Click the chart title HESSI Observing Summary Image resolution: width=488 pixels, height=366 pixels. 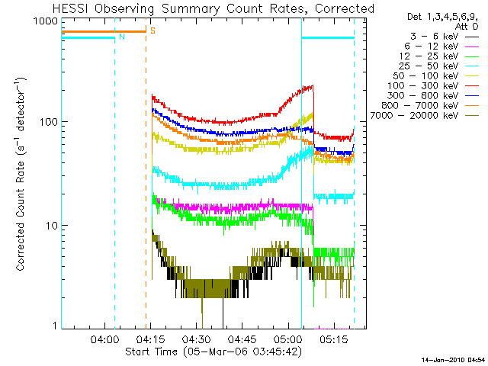(214, 8)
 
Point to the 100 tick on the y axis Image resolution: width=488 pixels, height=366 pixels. (51, 122)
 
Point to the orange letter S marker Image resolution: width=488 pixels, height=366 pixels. (152, 30)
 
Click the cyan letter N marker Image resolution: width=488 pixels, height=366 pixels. (120, 37)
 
